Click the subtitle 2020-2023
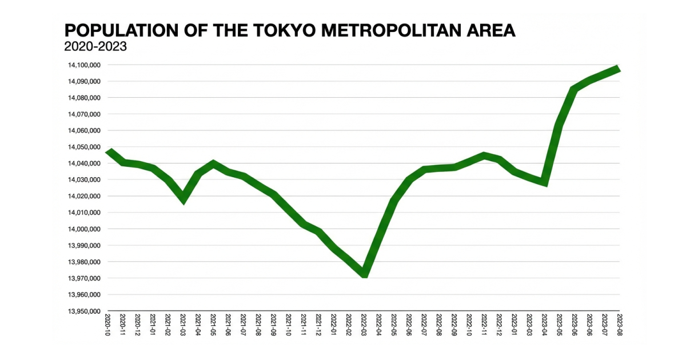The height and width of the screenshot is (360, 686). pyautogui.click(x=95, y=47)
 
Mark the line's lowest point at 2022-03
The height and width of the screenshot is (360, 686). pyautogui.click(x=364, y=275)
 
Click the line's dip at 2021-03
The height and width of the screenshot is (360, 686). pyautogui.click(x=183, y=199)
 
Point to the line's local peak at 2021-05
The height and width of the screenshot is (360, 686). pyautogui.click(x=213, y=163)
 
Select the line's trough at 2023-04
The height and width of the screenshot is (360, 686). pyautogui.click(x=545, y=183)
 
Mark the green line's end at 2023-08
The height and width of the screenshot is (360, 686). pyautogui.click(x=619, y=69)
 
